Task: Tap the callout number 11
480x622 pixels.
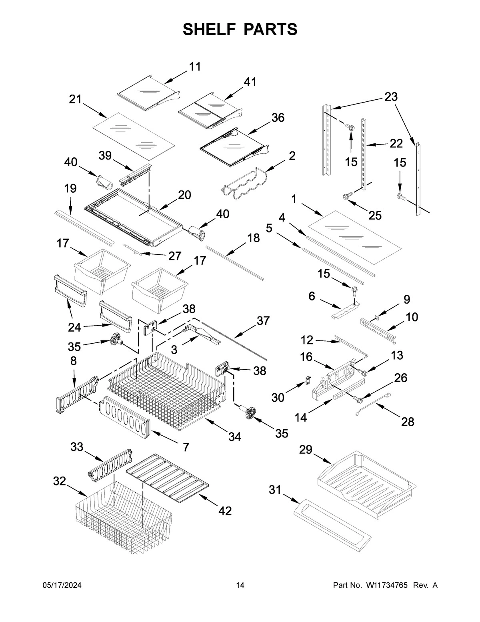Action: (x=195, y=66)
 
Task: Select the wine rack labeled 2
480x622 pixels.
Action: (x=245, y=183)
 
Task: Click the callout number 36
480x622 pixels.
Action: (x=278, y=117)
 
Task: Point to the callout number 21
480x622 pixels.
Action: (x=75, y=99)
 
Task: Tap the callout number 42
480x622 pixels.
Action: (x=225, y=511)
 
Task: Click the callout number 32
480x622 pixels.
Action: (x=59, y=481)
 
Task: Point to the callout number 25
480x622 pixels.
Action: (x=375, y=215)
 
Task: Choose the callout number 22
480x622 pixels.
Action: (x=396, y=144)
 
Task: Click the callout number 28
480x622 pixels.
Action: (x=407, y=421)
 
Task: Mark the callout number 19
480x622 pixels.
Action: (x=70, y=188)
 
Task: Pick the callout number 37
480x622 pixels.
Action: (x=263, y=320)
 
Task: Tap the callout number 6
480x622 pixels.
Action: (x=312, y=296)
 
